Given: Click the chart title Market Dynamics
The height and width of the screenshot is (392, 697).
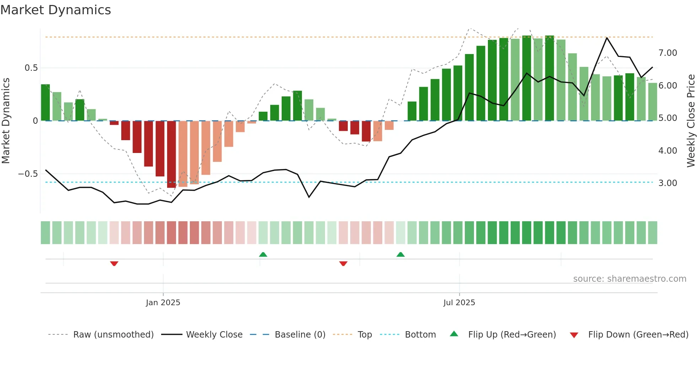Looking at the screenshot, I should (55, 10).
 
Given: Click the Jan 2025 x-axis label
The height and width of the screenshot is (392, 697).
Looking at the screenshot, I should (163, 303).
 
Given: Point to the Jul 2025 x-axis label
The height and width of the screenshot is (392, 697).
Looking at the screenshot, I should (459, 303).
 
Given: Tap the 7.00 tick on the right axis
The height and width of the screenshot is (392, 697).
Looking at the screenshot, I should (667, 53).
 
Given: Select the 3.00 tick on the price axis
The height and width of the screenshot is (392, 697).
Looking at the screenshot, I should (667, 183).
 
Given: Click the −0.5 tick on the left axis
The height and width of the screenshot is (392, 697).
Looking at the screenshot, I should (28, 174).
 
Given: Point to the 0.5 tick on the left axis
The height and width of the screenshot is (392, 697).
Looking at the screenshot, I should (31, 68).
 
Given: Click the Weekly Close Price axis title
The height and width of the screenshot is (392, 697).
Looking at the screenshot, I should (691, 121).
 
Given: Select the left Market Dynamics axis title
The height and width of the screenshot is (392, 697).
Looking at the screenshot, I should (6, 121).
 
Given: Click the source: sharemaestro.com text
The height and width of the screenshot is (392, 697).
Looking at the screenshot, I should (629, 279).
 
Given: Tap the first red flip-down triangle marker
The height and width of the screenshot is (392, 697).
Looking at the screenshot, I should (114, 264).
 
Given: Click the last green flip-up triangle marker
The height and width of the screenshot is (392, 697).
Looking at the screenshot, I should (400, 254).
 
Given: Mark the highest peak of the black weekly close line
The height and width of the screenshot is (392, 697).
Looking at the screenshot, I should (607, 38).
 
